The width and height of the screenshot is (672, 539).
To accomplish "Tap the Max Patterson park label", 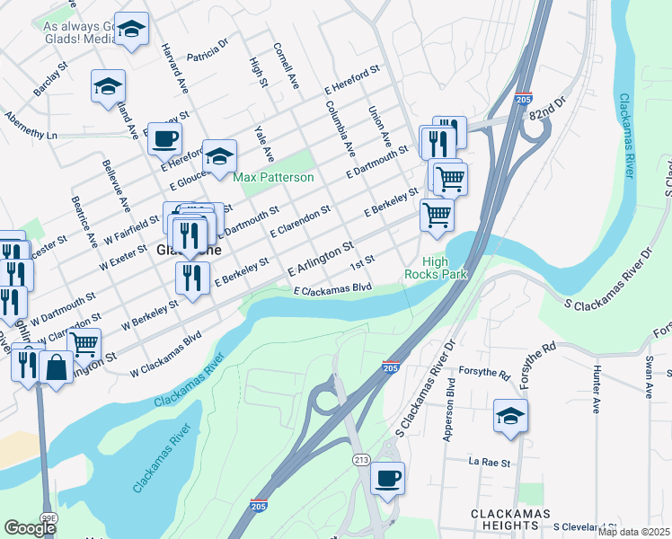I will pyautogui.click(x=274, y=178).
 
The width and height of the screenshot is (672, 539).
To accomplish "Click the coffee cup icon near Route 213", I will pyautogui.click(x=387, y=478).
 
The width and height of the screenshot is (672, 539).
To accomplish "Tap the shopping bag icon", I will pyautogui.click(x=56, y=367).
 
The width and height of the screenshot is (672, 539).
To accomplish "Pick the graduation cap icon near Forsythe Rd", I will pyautogui.click(x=510, y=416).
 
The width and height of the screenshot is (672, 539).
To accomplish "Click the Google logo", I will pyautogui.click(x=30, y=528).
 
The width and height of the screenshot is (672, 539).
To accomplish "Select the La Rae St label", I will pyautogui.click(x=489, y=463).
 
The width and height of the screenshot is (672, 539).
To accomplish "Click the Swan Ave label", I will pyautogui.click(x=649, y=377).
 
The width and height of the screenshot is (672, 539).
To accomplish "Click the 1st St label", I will pyautogui.click(x=362, y=261).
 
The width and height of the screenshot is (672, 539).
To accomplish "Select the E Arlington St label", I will pyautogui.click(x=319, y=259).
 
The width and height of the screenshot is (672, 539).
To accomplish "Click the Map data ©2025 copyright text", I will pyautogui.click(x=633, y=532).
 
